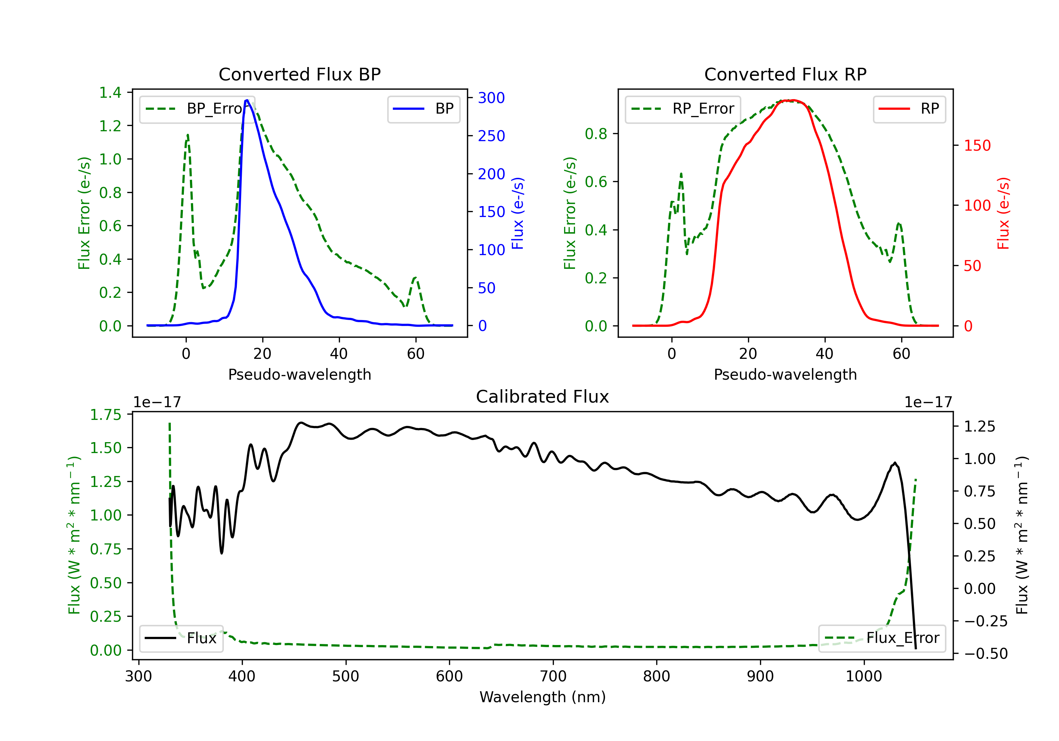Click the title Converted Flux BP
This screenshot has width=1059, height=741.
click(x=299, y=74)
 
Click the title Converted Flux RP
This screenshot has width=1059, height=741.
click(x=785, y=74)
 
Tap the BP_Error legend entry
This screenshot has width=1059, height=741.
click(x=197, y=109)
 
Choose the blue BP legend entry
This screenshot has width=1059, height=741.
click(x=423, y=109)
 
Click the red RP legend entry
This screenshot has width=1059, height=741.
click(x=909, y=109)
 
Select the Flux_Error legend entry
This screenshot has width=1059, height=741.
click(x=881, y=638)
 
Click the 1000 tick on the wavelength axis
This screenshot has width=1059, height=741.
click(x=863, y=676)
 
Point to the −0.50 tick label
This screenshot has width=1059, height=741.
click(x=986, y=654)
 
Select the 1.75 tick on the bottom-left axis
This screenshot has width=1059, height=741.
click(x=106, y=415)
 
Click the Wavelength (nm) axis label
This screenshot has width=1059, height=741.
click(x=543, y=697)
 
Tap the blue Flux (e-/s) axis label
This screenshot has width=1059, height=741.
click(x=518, y=213)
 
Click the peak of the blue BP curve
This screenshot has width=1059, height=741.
click(x=247, y=100)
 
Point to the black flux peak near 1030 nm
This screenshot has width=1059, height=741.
click(x=895, y=463)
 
